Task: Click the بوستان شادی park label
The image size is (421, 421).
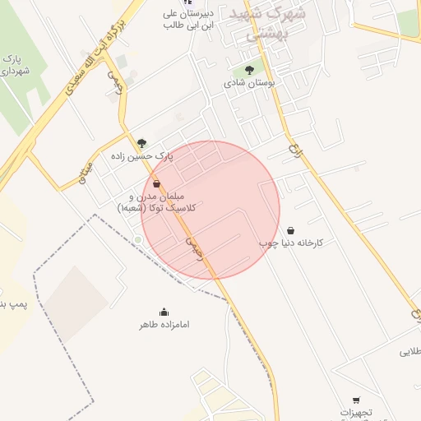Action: (250, 83)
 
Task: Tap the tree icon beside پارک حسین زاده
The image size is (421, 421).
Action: (142, 143)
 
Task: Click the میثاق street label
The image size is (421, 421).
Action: (86, 173)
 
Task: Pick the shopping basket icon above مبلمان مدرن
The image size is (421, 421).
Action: (156, 184)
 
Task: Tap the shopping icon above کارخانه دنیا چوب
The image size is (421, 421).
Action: (290, 231)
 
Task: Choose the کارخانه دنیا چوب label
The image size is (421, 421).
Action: (292, 243)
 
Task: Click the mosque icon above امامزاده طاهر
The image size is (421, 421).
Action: (164, 312)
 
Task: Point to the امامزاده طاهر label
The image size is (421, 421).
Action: (164, 325)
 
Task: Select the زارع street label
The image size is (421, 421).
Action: (294, 151)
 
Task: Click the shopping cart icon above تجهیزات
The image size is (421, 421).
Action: (355, 400)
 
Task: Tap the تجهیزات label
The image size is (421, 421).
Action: (357, 412)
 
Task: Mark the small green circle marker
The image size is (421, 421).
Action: (138, 239)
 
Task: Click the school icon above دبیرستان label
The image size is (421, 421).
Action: (187, 2)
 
